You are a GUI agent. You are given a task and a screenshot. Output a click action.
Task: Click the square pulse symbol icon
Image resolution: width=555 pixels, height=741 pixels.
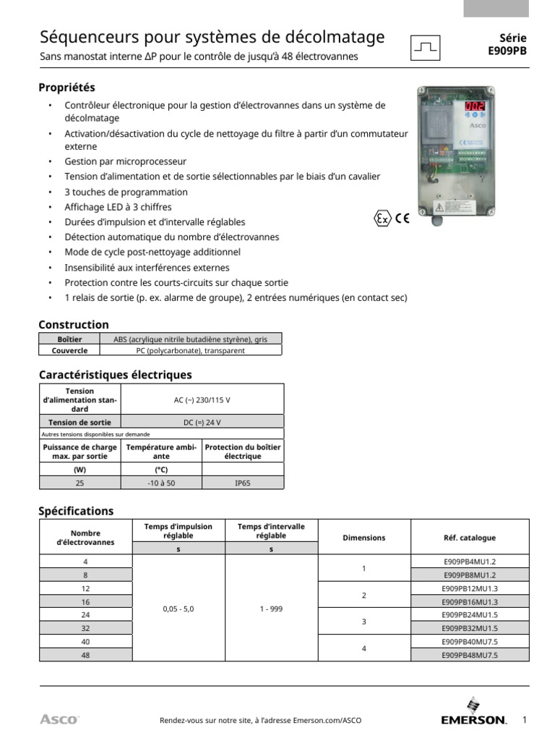[x=426, y=47]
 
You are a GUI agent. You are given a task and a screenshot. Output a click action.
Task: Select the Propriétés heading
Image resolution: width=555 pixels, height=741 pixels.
[x=66, y=88]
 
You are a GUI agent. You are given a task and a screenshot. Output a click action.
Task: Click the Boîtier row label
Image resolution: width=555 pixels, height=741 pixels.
[x=69, y=339]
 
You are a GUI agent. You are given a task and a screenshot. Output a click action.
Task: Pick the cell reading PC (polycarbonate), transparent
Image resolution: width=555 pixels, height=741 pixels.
[x=190, y=350]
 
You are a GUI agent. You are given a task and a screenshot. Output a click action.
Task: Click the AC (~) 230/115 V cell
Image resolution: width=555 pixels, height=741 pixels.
[x=202, y=399]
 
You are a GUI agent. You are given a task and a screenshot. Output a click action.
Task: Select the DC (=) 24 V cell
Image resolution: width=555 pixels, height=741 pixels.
[x=202, y=422]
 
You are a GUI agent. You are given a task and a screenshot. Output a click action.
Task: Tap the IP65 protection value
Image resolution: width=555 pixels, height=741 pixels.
[x=242, y=483]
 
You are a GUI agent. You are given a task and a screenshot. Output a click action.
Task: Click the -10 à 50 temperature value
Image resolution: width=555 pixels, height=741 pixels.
[x=161, y=483]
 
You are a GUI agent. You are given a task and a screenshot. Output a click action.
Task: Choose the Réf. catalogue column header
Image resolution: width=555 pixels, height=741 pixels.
[x=469, y=538]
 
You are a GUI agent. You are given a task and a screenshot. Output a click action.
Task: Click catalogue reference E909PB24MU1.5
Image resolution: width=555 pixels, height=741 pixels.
[x=469, y=615]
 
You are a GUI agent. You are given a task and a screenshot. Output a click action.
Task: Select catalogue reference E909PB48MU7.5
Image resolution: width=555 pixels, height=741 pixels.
[x=469, y=655]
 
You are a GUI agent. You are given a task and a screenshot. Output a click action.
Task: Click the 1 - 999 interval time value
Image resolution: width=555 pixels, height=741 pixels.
[x=271, y=609]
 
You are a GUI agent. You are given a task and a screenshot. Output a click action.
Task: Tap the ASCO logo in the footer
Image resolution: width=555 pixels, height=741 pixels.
[x=59, y=719]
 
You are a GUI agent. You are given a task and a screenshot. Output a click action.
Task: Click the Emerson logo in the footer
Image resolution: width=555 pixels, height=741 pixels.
[x=473, y=714]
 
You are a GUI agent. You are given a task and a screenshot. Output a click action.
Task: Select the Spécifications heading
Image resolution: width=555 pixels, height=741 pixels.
[x=76, y=511]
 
